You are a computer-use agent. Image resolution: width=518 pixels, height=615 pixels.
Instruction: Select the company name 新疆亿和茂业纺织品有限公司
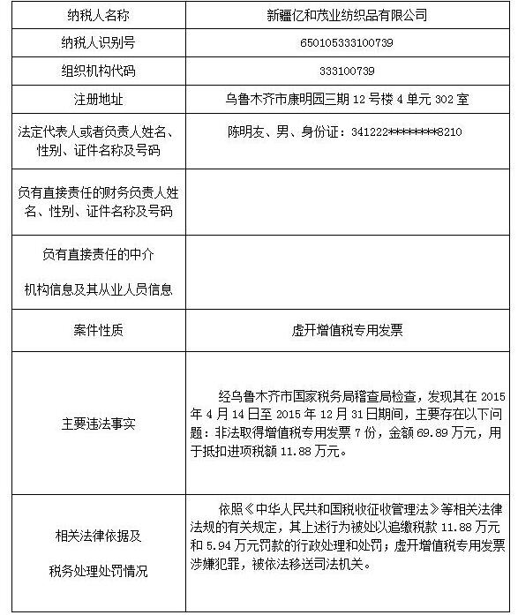point(347,15)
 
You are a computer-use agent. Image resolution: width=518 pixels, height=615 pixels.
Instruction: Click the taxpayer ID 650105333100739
point(347,42)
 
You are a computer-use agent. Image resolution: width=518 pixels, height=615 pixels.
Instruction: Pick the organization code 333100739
point(347,71)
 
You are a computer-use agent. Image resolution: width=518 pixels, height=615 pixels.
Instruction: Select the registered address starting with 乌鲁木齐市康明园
point(347,99)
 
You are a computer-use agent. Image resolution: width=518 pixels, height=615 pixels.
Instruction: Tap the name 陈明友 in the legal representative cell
point(246,131)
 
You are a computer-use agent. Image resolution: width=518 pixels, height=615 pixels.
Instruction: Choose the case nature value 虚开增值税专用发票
point(347,330)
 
